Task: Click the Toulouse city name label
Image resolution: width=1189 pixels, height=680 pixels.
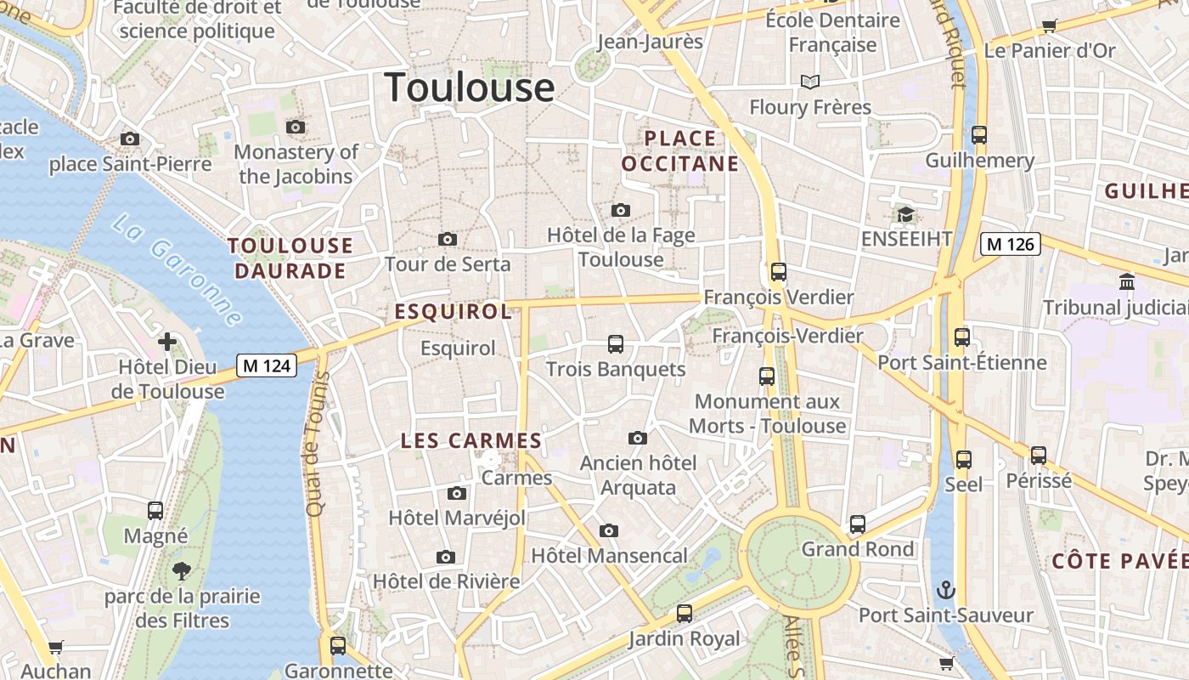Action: point(470,88)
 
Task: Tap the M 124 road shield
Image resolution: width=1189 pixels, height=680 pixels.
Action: point(266,365)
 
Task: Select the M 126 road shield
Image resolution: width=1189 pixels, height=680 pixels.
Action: point(1009,245)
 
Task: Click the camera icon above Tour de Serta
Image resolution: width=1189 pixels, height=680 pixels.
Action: point(448,240)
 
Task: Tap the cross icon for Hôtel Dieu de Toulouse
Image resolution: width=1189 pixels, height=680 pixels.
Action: point(167,342)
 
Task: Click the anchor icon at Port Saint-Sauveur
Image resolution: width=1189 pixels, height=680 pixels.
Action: point(945,590)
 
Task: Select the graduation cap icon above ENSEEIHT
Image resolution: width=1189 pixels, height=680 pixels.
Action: point(905,214)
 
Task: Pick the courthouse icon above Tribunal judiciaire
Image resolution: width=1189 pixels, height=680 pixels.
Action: point(1127,281)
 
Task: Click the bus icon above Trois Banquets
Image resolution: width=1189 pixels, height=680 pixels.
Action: point(616,344)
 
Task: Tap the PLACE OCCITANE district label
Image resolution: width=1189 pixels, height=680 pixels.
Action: point(680,150)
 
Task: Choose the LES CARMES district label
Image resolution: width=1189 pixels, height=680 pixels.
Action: point(471,440)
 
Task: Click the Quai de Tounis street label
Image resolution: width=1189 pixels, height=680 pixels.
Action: point(317,444)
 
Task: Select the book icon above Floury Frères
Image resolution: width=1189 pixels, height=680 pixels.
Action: point(810,82)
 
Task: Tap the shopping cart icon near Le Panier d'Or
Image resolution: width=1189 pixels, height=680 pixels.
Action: point(1049,25)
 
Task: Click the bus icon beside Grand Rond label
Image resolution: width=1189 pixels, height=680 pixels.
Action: point(858,524)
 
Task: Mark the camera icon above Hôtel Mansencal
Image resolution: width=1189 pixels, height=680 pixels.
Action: point(608,531)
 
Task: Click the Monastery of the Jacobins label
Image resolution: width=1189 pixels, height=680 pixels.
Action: point(296,164)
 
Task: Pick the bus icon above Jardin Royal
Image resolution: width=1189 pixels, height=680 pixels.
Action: point(685,614)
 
